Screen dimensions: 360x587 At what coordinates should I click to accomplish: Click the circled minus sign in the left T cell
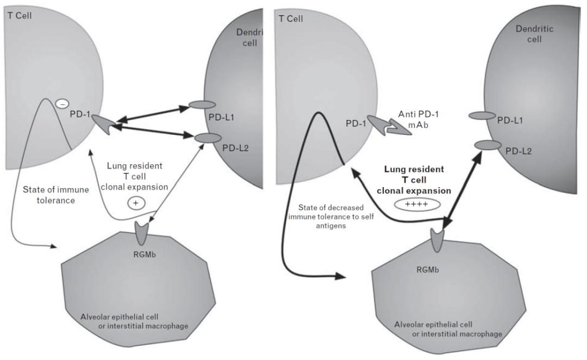(62, 103)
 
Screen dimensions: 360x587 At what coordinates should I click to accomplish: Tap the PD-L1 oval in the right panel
(482, 115)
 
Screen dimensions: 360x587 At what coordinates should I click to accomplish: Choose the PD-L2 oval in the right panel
(488, 145)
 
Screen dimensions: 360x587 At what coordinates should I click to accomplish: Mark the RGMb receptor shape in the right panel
(439, 239)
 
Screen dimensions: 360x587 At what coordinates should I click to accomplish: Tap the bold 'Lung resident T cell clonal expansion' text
(415, 180)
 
